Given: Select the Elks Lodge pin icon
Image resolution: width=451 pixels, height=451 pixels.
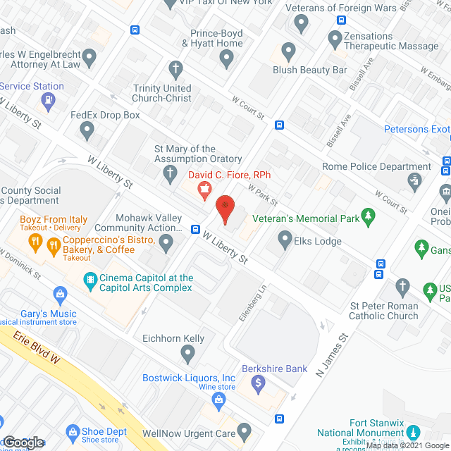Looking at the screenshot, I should tap(285, 241).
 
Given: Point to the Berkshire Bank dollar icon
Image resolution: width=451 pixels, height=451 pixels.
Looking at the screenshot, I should tap(259, 383).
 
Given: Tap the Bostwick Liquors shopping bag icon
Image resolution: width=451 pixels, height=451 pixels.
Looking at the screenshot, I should tap(218, 400).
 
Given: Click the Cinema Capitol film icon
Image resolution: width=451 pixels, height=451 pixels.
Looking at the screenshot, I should tap(89, 279).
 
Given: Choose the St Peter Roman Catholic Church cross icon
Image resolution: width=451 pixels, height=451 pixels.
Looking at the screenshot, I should tap(402, 285).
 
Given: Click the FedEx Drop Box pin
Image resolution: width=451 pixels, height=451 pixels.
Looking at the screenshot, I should tap(87, 129).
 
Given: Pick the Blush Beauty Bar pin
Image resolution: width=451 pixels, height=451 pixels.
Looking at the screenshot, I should tap(288, 51).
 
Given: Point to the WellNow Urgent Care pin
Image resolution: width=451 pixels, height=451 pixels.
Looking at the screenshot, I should tap(244, 429).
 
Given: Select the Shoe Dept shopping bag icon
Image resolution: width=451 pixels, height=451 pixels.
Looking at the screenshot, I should tap(71, 431).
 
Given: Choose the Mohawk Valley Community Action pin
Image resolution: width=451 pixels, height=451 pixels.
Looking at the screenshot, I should tap(166, 243).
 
